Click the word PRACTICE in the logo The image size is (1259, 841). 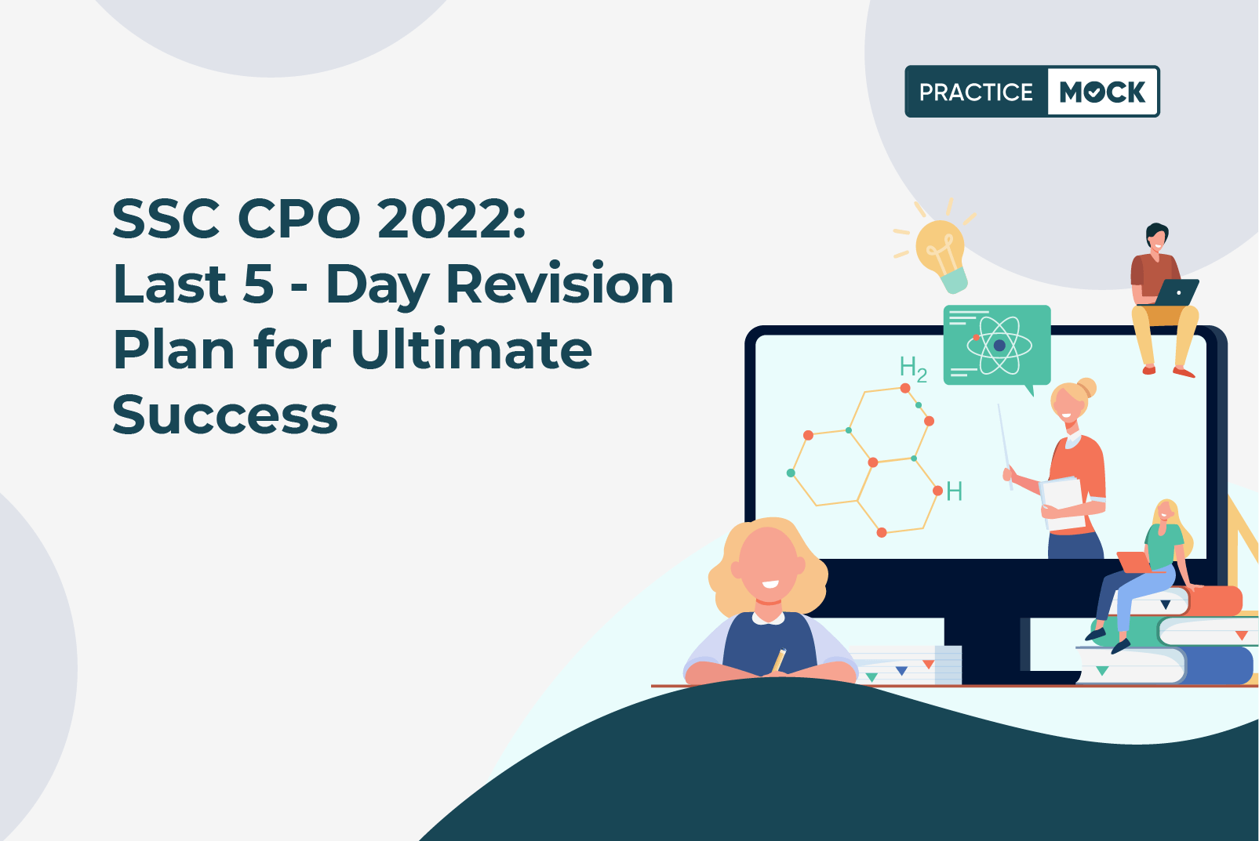(x=976, y=92)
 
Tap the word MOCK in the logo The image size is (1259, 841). (x=1102, y=92)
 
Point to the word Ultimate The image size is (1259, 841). (x=471, y=350)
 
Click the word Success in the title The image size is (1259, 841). (x=225, y=415)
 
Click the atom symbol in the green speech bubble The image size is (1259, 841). (x=999, y=346)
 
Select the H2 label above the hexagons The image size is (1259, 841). (x=913, y=369)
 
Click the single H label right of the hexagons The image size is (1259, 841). (x=955, y=491)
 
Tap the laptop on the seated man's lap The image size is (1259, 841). (x=1177, y=292)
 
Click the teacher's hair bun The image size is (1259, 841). (x=1086, y=387)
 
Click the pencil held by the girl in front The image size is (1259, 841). (x=779, y=660)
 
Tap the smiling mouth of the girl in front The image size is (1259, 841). (x=770, y=585)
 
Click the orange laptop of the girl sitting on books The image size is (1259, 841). (x=1134, y=562)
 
